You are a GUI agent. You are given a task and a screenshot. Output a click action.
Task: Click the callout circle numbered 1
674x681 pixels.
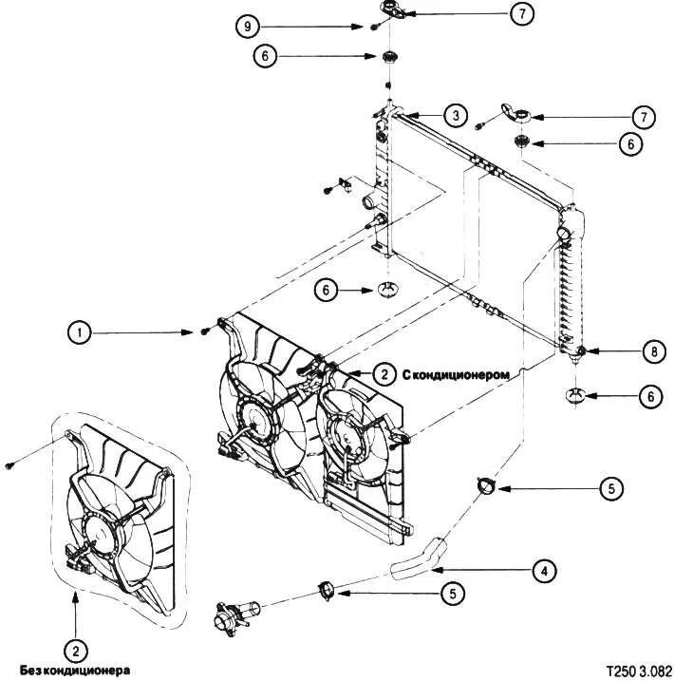[81, 332]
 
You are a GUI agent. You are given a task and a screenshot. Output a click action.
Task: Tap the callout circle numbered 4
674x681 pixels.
[543, 572]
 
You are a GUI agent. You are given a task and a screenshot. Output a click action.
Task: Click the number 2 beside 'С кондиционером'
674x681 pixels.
[384, 374]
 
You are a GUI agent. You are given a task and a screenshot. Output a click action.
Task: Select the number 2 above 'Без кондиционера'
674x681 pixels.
[75, 652]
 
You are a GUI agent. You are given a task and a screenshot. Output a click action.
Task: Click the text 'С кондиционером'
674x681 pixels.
[458, 374]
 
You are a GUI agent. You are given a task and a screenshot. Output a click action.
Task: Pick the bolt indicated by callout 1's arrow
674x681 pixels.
[206, 331]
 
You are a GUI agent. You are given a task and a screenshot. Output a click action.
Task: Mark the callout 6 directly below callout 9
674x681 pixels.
[266, 56]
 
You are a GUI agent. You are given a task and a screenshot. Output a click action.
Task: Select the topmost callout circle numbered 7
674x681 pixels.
[520, 13]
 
